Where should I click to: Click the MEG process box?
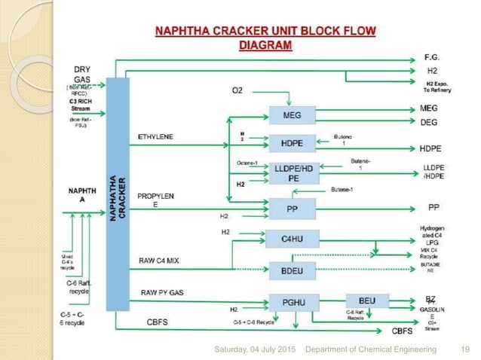(x=291, y=115)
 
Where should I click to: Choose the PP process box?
(x=291, y=206)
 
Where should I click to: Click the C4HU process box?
(x=291, y=239)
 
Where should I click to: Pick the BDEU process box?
(x=291, y=270)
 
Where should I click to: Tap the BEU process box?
(x=366, y=301)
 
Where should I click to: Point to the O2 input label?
(x=237, y=91)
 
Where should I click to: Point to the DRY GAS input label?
(x=83, y=74)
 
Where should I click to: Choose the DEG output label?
(x=428, y=122)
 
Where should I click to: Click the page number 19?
(x=464, y=349)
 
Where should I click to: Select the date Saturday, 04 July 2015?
(x=256, y=349)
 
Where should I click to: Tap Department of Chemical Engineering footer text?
(x=370, y=349)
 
